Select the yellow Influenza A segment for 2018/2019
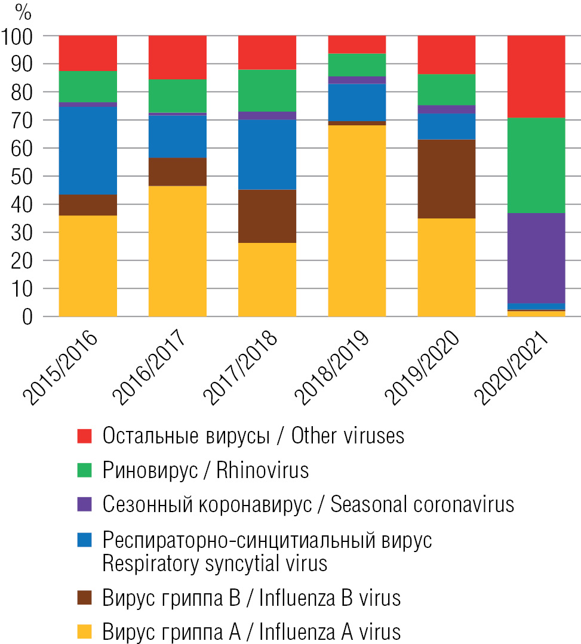(x=356, y=221)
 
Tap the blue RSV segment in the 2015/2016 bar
(x=88, y=150)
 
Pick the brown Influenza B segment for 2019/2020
(x=446, y=178)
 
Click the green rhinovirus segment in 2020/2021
(x=536, y=165)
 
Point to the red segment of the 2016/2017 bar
(x=177, y=57)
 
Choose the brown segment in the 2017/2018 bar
(x=267, y=216)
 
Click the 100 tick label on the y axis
(x=20, y=36)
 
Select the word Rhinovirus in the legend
(x=262, y=470)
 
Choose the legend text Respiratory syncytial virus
(x=215, y=563)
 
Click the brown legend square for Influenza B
(x=85, y=597)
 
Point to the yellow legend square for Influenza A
(x=85, y=631)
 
